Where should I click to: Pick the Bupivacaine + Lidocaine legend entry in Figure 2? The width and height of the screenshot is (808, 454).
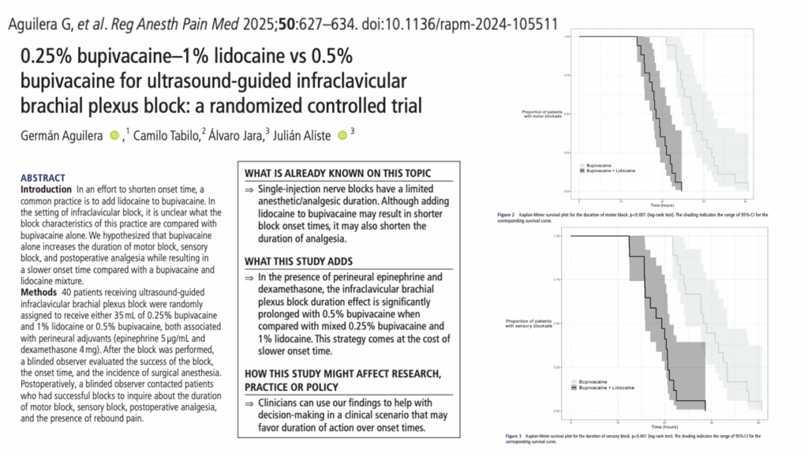(610, 171)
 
